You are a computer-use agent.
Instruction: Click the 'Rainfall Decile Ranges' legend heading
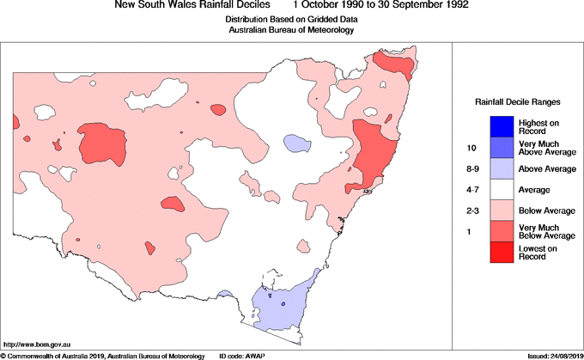click(x=517, y=101)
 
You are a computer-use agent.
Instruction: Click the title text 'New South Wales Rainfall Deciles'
click(x=192, y=5)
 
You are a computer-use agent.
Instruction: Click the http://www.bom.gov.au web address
click(x=36, y=344)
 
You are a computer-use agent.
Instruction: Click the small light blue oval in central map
click(x=296, y=142)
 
